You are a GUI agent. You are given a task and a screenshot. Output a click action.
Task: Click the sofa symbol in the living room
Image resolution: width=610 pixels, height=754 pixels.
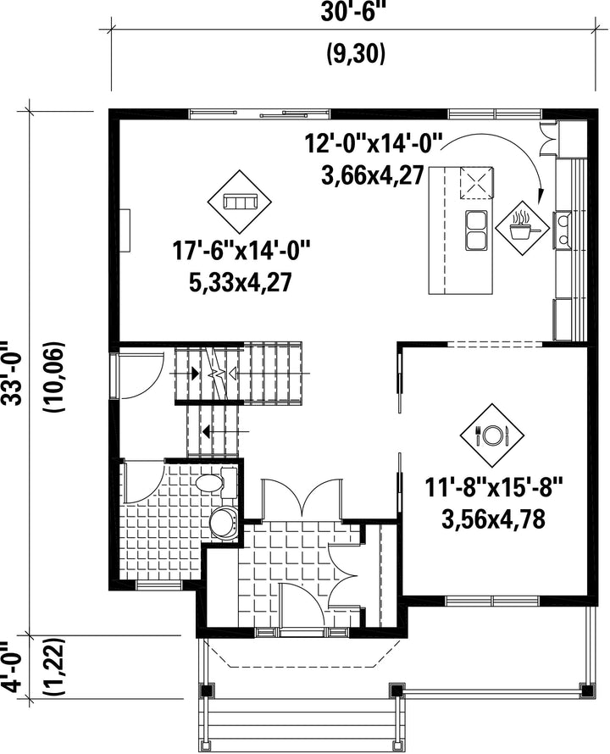coord(240,201)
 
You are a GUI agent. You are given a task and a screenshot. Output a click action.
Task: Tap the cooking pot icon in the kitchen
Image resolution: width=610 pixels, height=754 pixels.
coord(523,228)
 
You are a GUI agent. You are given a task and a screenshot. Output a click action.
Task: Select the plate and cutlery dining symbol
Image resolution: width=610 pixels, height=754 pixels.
coord(491,435)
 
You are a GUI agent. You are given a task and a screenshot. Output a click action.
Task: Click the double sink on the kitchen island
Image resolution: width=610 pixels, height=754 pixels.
coord(476,230)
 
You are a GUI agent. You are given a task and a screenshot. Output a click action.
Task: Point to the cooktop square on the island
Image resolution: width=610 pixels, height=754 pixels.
coord(477,183)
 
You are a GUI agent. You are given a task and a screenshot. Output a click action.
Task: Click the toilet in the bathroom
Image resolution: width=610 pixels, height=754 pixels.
coord(217,482)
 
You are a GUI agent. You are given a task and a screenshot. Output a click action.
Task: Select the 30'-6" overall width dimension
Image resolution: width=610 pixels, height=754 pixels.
coord(354,12)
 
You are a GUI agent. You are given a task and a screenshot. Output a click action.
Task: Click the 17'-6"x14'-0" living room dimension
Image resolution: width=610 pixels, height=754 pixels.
coord(241,251)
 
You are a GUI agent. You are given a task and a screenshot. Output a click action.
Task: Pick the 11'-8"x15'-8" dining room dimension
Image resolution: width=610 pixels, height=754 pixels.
coord(494,489)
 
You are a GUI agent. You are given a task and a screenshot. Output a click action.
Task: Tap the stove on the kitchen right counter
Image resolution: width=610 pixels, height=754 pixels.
coord(563,230)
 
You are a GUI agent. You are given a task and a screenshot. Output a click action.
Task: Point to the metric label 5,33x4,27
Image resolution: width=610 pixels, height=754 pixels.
coord(241,283)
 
